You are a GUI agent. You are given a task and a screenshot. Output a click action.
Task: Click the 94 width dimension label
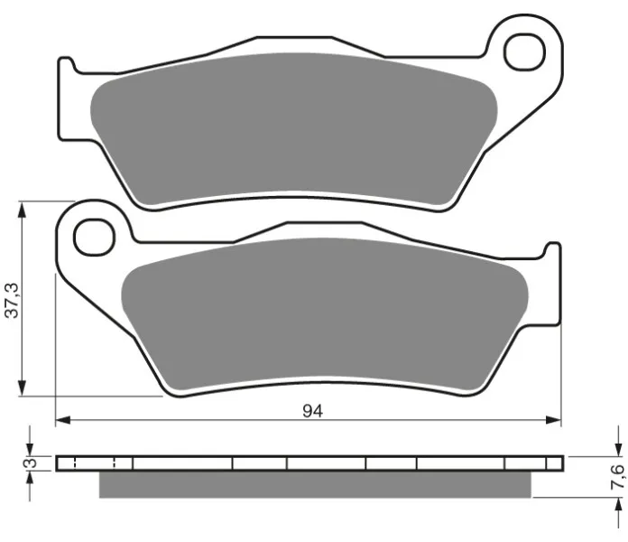coord(312,411)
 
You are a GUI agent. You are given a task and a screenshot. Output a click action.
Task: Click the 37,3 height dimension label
coord(12,300)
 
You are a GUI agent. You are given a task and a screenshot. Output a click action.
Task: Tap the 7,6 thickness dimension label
coord(617,476)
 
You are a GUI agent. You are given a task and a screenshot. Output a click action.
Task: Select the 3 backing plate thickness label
coord(31,463)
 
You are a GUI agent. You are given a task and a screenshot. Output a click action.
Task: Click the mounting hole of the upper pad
coord(524,52)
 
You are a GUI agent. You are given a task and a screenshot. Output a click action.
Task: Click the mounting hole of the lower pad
coord(95,238)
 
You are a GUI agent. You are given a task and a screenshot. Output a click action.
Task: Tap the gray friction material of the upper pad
coord(294,128)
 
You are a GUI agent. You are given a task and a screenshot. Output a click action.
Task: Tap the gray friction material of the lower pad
coord(325,313)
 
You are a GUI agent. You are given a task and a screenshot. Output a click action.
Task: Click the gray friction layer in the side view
coord(315,484)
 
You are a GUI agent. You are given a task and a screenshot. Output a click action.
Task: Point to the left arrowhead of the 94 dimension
coord(62,420)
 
